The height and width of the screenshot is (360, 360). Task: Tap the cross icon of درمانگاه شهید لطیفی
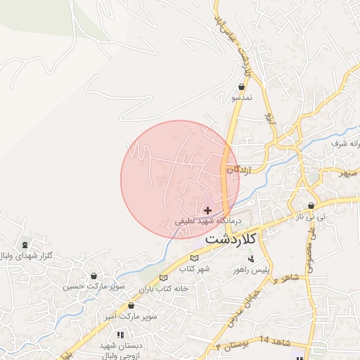pos(207,210)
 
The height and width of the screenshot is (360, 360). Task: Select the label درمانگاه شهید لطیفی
pos(208,221)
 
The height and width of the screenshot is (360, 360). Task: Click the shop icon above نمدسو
pos(241,87)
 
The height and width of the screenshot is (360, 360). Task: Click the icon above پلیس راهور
pos(251,259)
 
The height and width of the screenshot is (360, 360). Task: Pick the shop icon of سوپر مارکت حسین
pos(94,276)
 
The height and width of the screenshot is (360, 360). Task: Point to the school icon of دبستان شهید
pos(120,335)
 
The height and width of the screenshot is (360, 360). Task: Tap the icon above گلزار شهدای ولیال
pos(26,245)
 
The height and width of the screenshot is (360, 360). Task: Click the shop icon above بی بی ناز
pos(311,207)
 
